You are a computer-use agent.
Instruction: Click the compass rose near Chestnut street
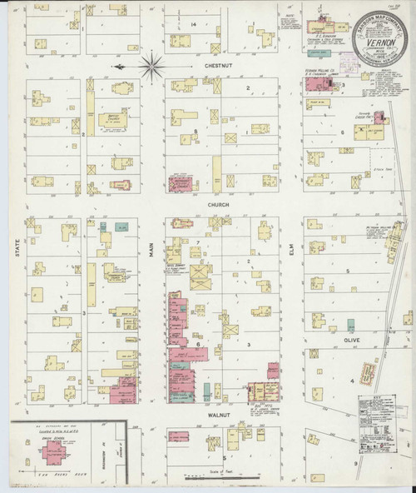coord(151,63)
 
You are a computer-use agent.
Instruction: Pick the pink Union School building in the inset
coord(56,450)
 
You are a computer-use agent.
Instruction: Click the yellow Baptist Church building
coord(119,98)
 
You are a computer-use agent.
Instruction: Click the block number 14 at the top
coord(193,25)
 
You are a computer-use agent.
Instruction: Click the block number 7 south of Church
coord(196,242)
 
